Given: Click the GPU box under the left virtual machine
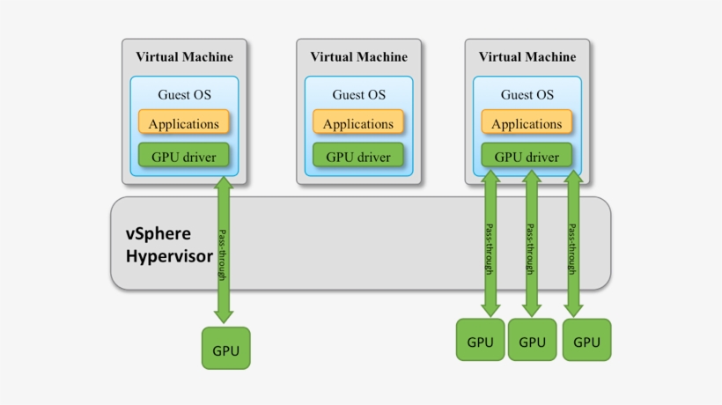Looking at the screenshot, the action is [x=226, y=348].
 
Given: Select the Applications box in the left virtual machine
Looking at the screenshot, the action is [x=184, y=122].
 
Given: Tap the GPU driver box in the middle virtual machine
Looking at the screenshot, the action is [x=358, y=155].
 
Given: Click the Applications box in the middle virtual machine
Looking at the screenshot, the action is [x=358, y=122].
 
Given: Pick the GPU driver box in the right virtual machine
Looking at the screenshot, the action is [x=527, y=155].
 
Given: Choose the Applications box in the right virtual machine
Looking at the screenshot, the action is [x=527, y=122].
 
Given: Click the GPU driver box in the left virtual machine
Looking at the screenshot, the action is [x=184, y=155].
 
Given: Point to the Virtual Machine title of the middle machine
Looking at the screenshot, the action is [x=358, y=56].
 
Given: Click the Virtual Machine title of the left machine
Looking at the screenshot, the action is [x=184, y=56].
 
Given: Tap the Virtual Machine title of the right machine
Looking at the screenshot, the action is [x=527, y=56].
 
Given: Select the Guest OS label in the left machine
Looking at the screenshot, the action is [x=184, y=95].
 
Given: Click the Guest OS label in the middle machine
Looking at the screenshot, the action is [x=358, y=95].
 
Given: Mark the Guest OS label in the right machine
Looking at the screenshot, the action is [x=527, y=95].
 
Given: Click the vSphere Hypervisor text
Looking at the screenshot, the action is [x=169, y=245].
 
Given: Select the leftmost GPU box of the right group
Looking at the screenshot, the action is [x=480, y=340].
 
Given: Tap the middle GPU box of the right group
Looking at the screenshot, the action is [x=533, y=340].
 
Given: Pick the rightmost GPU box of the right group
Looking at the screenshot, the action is [x=586, y=340].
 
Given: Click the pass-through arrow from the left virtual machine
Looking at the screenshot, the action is [x=224, y=250].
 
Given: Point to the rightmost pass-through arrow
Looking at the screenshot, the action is [x=573, y=244].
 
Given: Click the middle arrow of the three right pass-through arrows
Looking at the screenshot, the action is [x=532, y=244].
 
